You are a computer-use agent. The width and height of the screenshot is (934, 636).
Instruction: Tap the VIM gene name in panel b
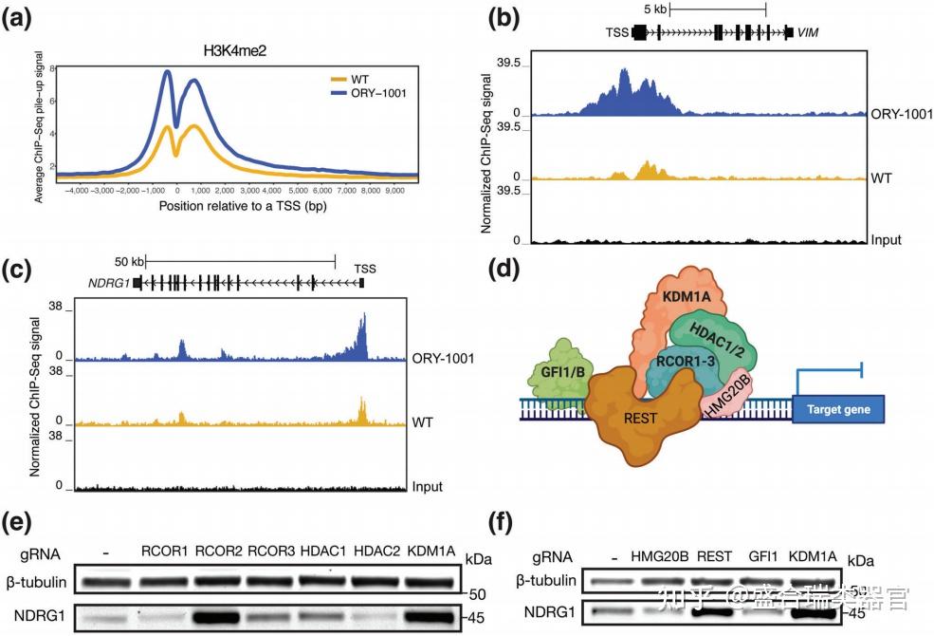[808, 32]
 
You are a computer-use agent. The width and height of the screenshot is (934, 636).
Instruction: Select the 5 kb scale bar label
[654, 9]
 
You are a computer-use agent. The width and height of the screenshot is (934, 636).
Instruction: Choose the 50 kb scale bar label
[130, 261]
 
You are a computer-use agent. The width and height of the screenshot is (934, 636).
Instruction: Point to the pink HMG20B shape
[724, 396]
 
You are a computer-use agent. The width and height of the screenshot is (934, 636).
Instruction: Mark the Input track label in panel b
[886, 241]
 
